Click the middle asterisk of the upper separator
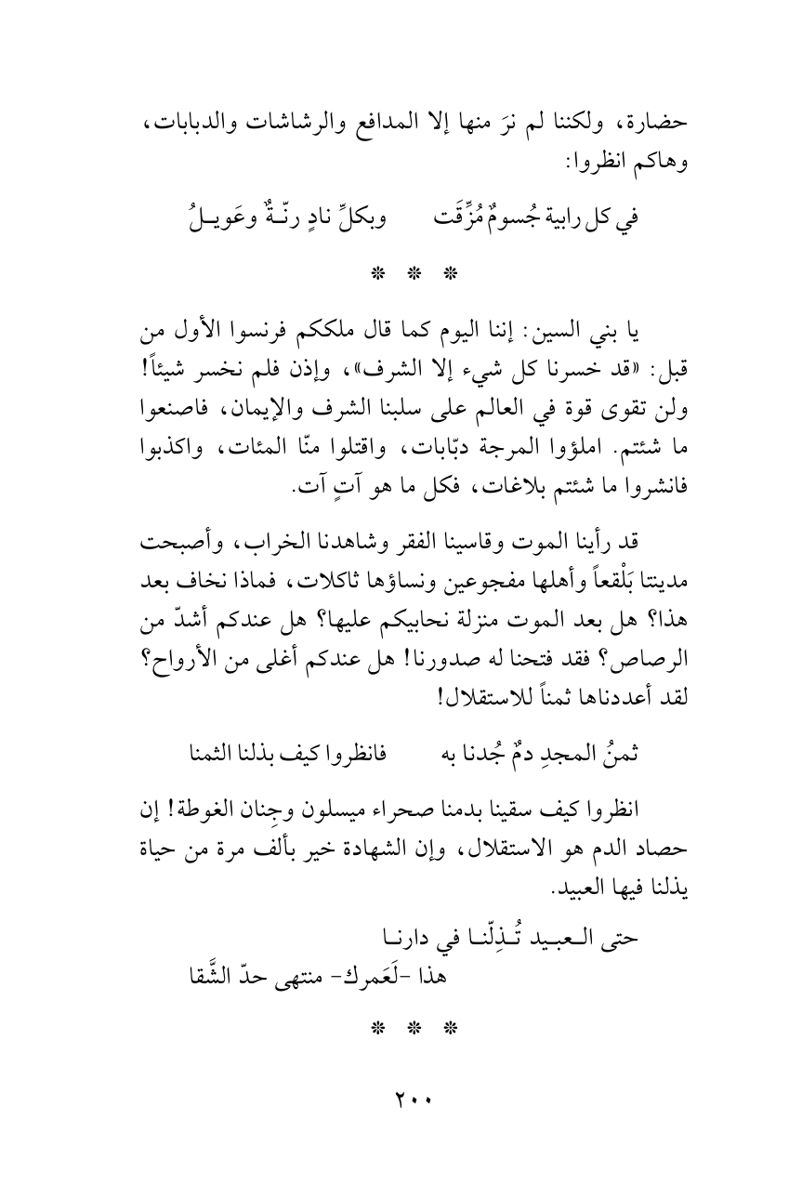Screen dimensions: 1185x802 click(401, 275)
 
